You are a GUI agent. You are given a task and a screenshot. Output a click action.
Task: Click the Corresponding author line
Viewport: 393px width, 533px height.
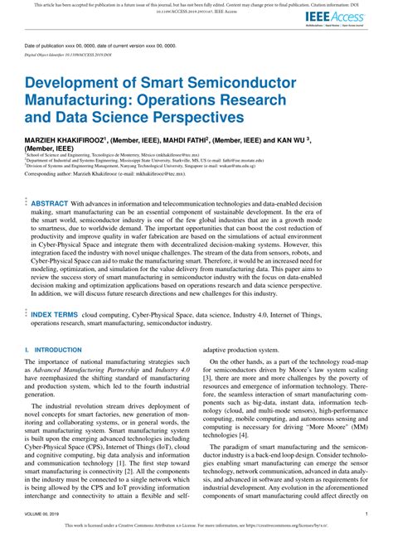coord(116,185)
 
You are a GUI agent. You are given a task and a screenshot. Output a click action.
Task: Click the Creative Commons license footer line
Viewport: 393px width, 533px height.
coord(196,526)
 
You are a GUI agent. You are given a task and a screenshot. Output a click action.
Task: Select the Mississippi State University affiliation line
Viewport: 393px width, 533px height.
coord(149,162)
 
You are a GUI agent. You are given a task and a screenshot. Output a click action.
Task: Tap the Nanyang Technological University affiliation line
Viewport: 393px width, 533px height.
coord(149,169)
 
